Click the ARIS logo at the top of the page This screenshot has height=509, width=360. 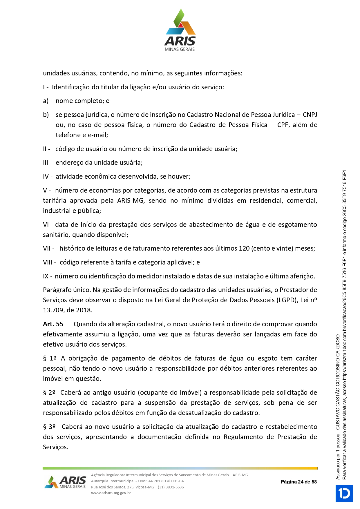(180, 30)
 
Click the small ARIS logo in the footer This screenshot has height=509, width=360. (66, 482)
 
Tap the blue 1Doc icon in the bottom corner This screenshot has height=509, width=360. (344, 493)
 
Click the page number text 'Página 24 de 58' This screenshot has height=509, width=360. (299, 482)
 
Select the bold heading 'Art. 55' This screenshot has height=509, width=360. (53, 324)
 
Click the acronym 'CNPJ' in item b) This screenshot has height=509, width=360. (310, 115)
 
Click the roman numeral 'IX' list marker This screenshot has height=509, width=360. (46, 276)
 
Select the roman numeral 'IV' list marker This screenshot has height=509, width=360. (46, 177)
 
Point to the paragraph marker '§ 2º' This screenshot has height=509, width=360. (49, 393)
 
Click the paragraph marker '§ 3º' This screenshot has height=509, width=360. (49, 427)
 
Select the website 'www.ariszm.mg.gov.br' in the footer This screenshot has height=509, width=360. (111, 493)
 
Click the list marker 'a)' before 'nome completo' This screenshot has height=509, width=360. (46, 101)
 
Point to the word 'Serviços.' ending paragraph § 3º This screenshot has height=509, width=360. (55, 447)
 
